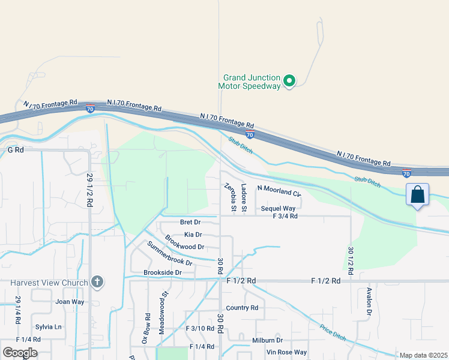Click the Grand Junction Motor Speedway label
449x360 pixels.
pyautogui.click(x=252, y=82)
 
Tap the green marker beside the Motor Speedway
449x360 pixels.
pyautogui.click(x=289, y=80)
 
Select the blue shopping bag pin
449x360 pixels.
pyautogui.click(x=418, y=196)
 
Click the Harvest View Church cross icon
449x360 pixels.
pyautogui.click(x=97, y=282)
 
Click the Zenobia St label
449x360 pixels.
pyautogui.click(x=229, y=197)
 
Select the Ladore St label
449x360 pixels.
pyautogui.click(x=244, y=198)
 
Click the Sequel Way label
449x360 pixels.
pyautogui.click(x=279, y=209)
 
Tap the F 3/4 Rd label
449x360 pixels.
pyautogui.click(x=285, y=216)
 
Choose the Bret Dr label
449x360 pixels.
pyautogui.click(x=190, y=222)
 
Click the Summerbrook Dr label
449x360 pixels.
pyautogui.click(x=170, y=254)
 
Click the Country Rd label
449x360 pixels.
pyautogui.click(x=242, y=308)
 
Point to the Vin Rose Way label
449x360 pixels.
pyautogui.click(x=286, y=352)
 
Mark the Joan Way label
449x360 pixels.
pyautogui.click(x=70, y=302)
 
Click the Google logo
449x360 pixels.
pyautogui.click(x=20, y=353)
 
